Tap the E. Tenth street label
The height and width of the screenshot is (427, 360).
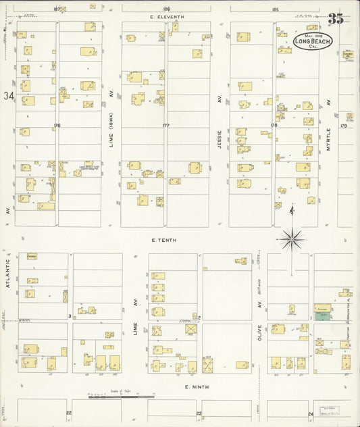(x=163, y=239)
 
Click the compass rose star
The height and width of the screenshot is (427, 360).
(x=291, y=237)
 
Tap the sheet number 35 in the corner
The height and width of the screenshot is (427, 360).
(x=336, y=19)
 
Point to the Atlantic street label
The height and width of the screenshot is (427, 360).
(x=8, y=274)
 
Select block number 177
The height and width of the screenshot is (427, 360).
(x=165, y=125)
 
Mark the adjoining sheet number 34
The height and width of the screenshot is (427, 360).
(x=7, y=97)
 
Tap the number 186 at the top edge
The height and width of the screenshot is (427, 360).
(x=166, y=9)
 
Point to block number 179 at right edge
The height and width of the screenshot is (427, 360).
(x=343, y=125)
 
